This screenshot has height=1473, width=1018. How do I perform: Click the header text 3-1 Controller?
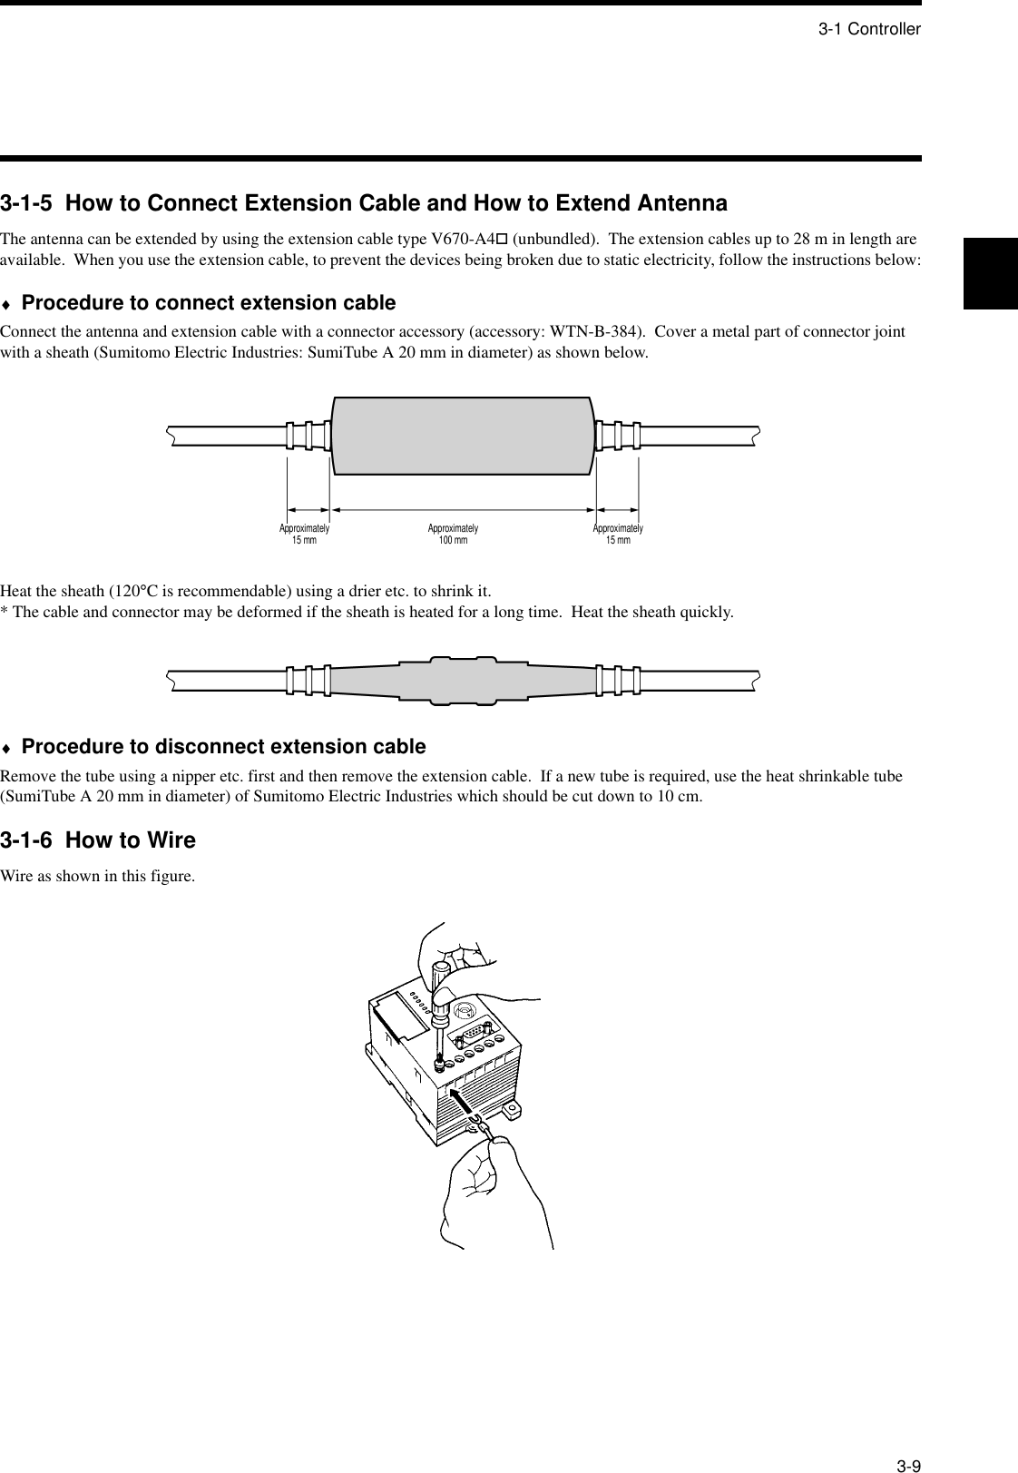point(869,29)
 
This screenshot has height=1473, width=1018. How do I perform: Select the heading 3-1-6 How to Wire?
point(98,840)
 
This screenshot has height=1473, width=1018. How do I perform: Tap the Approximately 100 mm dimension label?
point(453,534)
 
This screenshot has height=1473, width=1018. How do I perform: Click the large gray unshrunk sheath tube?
point(463,436)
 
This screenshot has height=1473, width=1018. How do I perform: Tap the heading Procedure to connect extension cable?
point(209,302)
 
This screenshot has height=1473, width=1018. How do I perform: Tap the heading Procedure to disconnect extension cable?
point(223,747)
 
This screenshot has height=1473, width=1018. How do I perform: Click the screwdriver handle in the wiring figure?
point(443,985)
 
